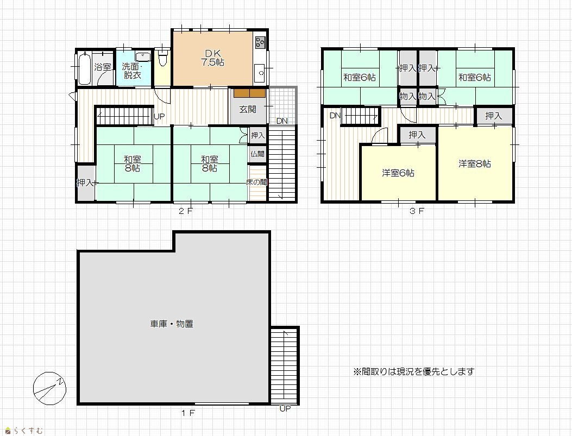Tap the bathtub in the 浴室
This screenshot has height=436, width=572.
pyautogui.click(x=84, y=68)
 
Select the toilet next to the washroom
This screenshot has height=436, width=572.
pyautogui.click(x=163, y=58)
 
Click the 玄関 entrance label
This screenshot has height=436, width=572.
pyautogui.click(x=248, y=109)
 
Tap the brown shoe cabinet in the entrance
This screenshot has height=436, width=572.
pyautogui.click(x=249, y=93)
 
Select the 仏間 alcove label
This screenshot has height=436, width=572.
pyautogui.click(x=257, y=154)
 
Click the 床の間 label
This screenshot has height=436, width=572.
pyautogui.click(x=256, y=182)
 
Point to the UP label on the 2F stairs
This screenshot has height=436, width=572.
pyautogui.click(x=159, y=117)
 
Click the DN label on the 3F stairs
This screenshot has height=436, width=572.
pyautogui.click(x=335, y=116)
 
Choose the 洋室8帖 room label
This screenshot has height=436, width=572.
pyautogui.click(x=475, y=163)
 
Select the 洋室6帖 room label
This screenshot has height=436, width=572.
pyautogui.click(x=398, y=173)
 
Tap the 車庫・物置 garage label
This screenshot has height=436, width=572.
pyautogui.click(x=172, y=324)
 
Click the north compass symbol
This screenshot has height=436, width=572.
pyautogui.click(x=49, y=389)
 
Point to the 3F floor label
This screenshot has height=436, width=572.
pyautogui.click(x=417, y=211)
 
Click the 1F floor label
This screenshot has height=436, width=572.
pyautogui.click(x=188, y=413)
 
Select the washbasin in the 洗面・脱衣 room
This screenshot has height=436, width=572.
pyautogui.click(x=143, y=56)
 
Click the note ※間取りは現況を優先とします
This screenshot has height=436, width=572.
pyautogui.click(x=414, y=371)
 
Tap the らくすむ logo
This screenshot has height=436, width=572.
pyautogui.click(x=24, y=431)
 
